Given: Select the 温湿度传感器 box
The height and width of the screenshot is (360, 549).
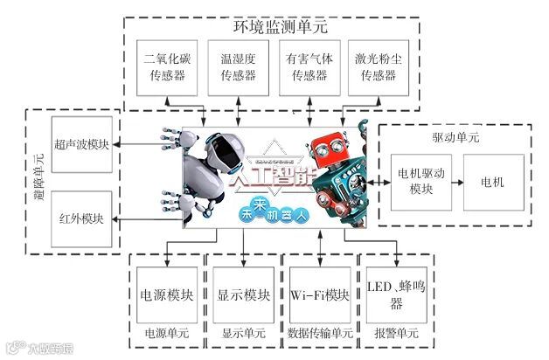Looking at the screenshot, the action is pyautogui.click(x=237, y=67).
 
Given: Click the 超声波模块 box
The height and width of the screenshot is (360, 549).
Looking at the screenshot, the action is pyautogui.click(x=82, y=143).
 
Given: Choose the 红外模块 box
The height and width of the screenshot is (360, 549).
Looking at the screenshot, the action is pyautogui.click(x=82, y=217).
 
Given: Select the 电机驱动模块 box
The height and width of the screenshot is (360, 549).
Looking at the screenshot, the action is pyautogui.click(x=415, y=182).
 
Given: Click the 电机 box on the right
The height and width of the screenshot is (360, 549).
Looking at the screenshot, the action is pyautogui.click(x=493, y=182).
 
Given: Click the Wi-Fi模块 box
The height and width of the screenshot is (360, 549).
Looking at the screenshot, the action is pyautogui.click(x=319, y=294).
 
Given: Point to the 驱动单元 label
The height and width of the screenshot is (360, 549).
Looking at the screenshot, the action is pyautogui.click(x=454, y=139).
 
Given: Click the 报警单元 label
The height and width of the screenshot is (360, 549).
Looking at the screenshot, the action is pyautogui.click(x=396, y=333).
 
